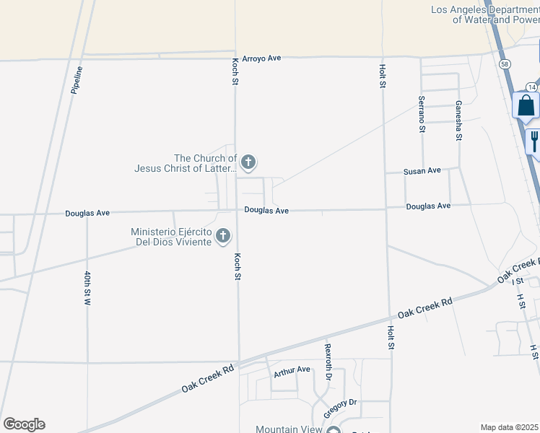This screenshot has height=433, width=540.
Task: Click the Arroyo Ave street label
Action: (260, 58)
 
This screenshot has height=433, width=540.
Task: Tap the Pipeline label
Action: (77, 80)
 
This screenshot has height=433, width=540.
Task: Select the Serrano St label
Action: (421, 114)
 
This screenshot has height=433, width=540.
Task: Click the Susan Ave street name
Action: (422, 171)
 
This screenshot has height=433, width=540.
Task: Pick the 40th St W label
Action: (87, 289)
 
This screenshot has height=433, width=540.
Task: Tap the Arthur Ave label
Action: (292, 370)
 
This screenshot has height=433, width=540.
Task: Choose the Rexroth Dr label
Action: (328, 362)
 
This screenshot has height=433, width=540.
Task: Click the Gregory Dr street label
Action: (341, 403)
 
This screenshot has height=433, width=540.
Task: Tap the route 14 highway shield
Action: (531, 86)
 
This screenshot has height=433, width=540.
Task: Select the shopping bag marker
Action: (526, 105)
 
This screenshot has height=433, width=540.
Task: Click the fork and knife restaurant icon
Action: (534, 140)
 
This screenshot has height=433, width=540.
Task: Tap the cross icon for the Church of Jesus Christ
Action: (248, 162)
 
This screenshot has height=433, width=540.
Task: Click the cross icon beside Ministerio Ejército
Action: (223, 235)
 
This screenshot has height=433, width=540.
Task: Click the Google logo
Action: (24, 424)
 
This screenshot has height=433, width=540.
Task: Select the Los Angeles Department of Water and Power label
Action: (484, 14)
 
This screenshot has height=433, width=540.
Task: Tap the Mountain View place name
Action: (289, 429)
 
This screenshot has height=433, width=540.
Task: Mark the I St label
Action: (518, 280)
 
